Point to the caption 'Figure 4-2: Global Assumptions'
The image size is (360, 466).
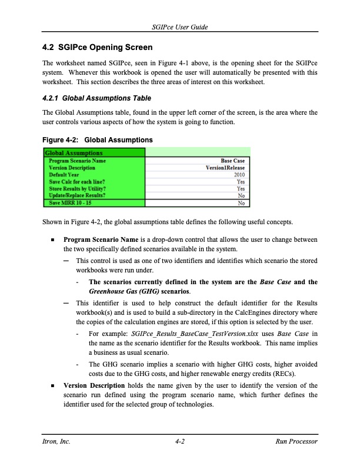point(98,140)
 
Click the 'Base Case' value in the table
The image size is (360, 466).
point(232,161)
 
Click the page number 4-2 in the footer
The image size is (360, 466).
point(180,441)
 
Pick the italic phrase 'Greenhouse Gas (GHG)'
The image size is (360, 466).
point(119,291)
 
